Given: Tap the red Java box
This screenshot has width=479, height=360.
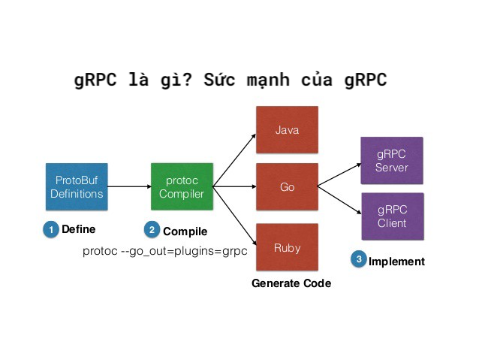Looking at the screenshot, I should tap(287, 130).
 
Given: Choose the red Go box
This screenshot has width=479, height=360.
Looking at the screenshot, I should tap(287, 187).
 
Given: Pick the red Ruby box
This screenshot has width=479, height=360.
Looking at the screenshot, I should tap(287, 247).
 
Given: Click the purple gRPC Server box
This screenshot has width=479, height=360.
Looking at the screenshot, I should tap(391, 159).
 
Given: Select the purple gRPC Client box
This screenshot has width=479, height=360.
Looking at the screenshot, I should tap(391, 216).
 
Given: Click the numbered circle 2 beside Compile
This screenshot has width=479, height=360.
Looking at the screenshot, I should tap(152, 230).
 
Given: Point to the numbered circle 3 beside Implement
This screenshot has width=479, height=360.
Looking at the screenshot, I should tap(359, 260).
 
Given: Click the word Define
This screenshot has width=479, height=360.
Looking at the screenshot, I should tap(79, 229).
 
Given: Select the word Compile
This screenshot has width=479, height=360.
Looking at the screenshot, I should tap(185, 231).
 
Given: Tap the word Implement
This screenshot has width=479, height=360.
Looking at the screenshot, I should tap(396, 262).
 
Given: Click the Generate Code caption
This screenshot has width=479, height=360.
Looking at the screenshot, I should tap(291, 283).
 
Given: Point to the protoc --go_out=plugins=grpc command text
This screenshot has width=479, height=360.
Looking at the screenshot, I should tap(165, 251).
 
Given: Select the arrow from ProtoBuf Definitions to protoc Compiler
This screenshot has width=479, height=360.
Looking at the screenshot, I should tap(128, 186).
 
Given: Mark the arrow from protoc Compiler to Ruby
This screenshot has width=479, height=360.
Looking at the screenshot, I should tap(234, 216).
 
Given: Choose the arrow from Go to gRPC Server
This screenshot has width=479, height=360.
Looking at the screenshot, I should tap(338, 173).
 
